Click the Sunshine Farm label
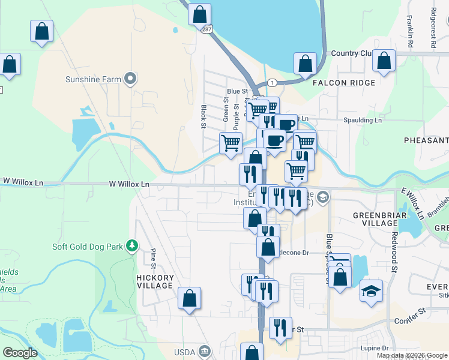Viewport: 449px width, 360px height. click(x=93, y=79)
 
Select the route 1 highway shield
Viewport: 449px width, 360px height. click(x=272, y=82)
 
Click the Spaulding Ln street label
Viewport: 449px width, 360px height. click(x=362, y=121)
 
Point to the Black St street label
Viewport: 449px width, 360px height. click(x=204, y=116)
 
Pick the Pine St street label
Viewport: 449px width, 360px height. click(x=153, y=258)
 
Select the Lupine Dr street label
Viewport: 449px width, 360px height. click(x=375, y=348)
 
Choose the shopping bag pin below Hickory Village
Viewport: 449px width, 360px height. click(x=189, y=298)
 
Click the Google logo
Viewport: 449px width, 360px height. click(x=20, y=353)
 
